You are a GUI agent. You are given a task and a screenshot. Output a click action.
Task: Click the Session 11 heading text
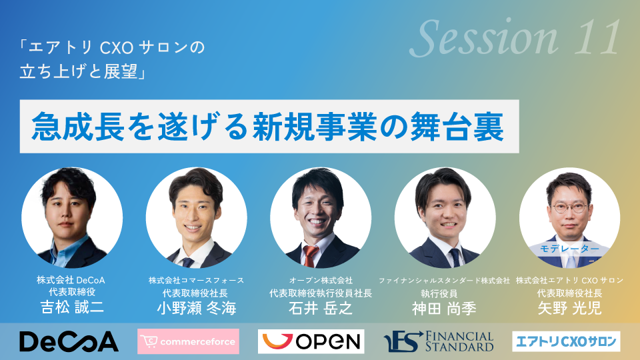[515, 38]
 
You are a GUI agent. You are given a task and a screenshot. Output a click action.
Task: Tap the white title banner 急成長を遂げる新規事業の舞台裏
[269, 127]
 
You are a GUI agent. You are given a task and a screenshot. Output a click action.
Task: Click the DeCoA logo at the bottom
[69, 341]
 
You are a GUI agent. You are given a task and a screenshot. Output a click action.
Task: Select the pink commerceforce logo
[188, 341]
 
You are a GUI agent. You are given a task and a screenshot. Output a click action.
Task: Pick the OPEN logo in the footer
[311, 341]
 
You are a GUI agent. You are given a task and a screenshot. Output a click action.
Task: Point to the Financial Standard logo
[439, 341]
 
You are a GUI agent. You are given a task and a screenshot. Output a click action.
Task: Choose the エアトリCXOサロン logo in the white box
[566, 341]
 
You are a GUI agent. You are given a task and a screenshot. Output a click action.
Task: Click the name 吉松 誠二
[72, 307]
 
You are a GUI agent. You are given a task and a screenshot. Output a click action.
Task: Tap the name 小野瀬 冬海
[197, 308]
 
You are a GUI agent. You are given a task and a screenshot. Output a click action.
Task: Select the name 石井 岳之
[321, 308]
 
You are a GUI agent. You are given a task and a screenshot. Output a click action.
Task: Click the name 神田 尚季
[445, 309]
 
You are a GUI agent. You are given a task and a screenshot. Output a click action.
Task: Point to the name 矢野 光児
[570, 308]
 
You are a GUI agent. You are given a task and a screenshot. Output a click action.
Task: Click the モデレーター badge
[570, 249]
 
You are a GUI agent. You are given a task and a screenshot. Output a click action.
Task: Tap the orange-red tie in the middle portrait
[310, 256]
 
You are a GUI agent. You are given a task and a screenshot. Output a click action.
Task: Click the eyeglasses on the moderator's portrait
[569, 207]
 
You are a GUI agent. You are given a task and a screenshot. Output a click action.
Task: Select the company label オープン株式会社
[321, 281]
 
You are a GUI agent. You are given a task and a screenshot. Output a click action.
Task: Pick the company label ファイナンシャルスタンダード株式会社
[445, 281]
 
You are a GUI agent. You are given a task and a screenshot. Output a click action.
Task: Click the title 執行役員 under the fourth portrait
[439, 293]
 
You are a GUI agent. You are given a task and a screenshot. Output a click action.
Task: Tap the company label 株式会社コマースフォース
[196, 281]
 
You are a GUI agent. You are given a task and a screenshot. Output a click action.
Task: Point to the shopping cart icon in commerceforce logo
[149, 341]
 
